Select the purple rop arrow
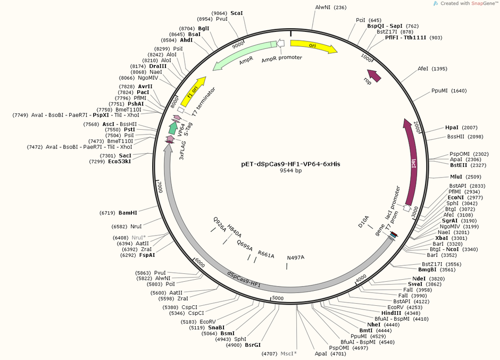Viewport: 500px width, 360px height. coord(374,76)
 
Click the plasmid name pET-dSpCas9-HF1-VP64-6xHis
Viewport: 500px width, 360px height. coord(290,164)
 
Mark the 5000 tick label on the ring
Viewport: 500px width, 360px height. coord(278,299)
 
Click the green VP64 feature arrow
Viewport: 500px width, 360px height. coord(173,128)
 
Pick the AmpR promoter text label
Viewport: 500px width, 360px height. coord(281,57)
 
